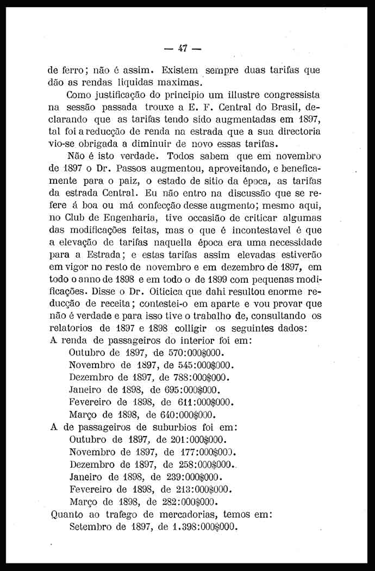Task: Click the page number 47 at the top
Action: [183, 48]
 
